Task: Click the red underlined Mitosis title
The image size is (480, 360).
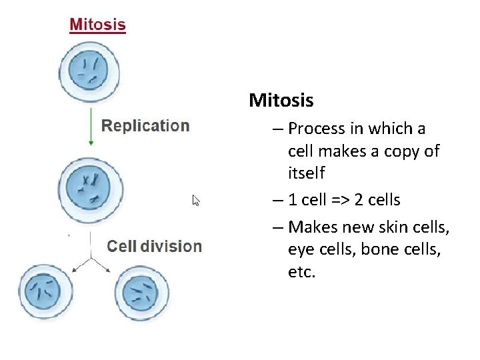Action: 97,25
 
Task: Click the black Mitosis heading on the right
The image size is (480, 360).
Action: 281,101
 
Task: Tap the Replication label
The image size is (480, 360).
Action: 145,126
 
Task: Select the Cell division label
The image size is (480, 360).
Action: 154,246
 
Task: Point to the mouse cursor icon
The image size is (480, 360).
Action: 196,200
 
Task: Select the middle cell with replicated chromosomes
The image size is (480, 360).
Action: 89,187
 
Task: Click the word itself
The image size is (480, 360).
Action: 306,173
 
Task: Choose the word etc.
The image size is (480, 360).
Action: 301,273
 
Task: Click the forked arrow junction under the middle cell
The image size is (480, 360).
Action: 90,258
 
